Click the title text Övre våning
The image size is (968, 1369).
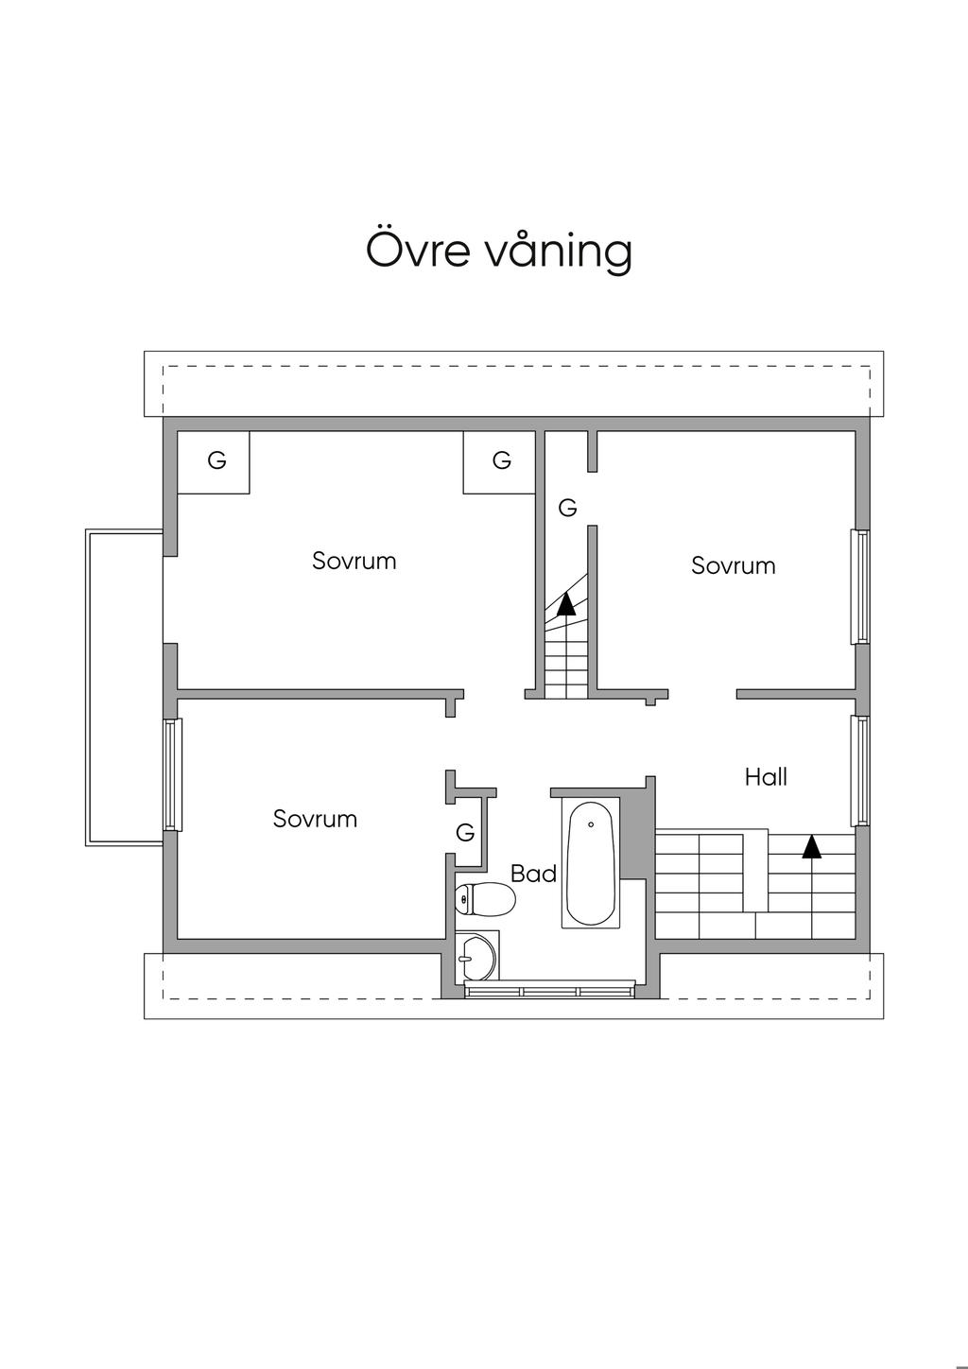(x=498, y=251)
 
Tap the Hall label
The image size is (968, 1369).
(x=766, y=777)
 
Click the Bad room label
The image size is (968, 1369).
(x=533, y=874)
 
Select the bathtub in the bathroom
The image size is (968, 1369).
(x=591, y=863)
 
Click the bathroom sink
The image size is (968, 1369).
(x=475, y=957)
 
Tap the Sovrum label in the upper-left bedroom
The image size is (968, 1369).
(x=354, y=561)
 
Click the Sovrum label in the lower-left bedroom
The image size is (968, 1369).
(x=315, y=819)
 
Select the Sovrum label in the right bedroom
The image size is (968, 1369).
(x=734, y=565)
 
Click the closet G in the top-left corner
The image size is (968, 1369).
(x=216, y=461)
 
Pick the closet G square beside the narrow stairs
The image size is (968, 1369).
(x=501, y=461)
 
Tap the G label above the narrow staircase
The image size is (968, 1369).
(x=567, y=508)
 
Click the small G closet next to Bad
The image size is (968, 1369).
(x=465, y=833)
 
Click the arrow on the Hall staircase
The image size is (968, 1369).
(x=811, y=845)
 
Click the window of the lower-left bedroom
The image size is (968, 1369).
(x=172, y=775)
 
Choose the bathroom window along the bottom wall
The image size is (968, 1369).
(x=549, y=989)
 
